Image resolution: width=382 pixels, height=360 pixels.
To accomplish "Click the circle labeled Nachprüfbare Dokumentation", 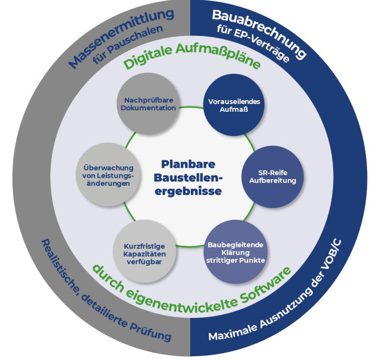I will pos(148,104).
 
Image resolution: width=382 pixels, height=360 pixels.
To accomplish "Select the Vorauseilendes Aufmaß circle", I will pos(234,105).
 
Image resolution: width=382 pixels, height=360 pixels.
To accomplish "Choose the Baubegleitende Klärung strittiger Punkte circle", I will pos(235,251).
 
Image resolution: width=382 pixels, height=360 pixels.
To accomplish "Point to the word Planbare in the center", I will pos(188,164).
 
